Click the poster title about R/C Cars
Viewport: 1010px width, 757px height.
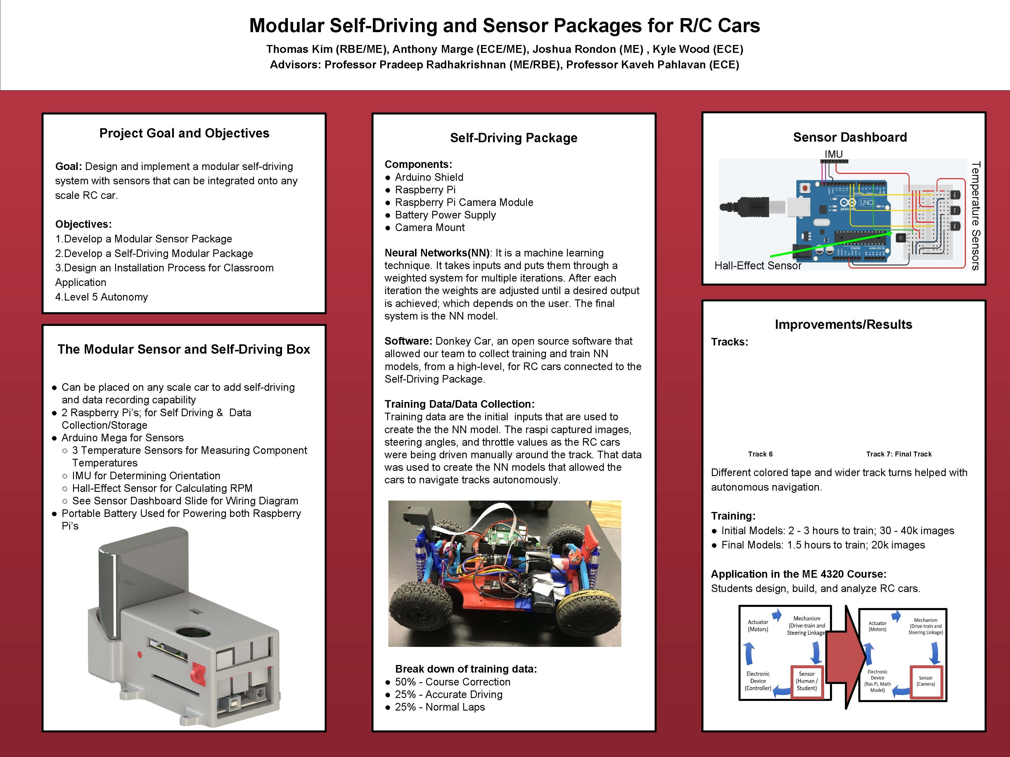pyautogui.click(x=504, y=25)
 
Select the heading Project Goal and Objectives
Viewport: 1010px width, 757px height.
pyautogui.click(x=184, y=133)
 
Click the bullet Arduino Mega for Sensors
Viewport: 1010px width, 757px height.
pyautogui.click(x=122, y=437)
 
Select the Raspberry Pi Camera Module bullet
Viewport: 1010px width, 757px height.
pyautogui.click(x=464, y=202)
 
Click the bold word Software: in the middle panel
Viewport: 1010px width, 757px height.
pyautogui.click(x=408, y=341)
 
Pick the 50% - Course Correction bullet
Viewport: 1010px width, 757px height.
pyautogui.click(x=452, y=682)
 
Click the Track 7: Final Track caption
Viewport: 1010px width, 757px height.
pyautogui.click(x=899, y=454)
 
